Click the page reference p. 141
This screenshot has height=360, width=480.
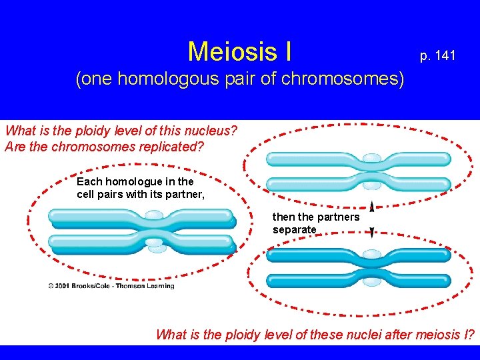437,56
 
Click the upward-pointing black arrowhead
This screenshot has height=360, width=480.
371,207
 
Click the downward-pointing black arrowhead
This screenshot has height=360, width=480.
371,232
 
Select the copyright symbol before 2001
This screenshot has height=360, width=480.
51,286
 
